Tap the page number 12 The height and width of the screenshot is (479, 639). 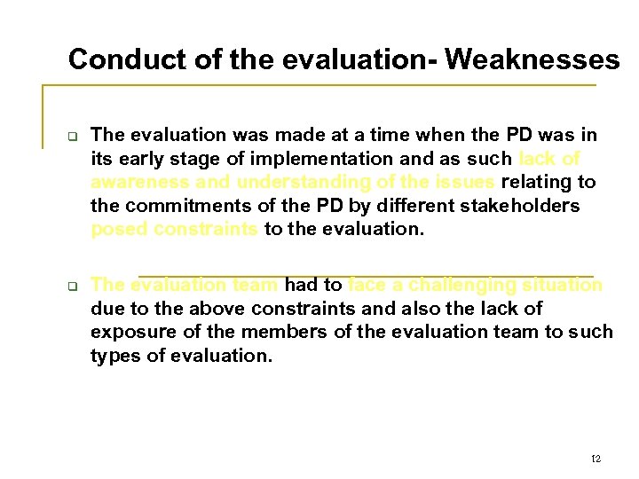coord(596,459)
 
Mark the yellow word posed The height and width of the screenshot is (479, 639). coord(119,229)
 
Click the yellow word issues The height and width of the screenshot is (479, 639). coord(463,182)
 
